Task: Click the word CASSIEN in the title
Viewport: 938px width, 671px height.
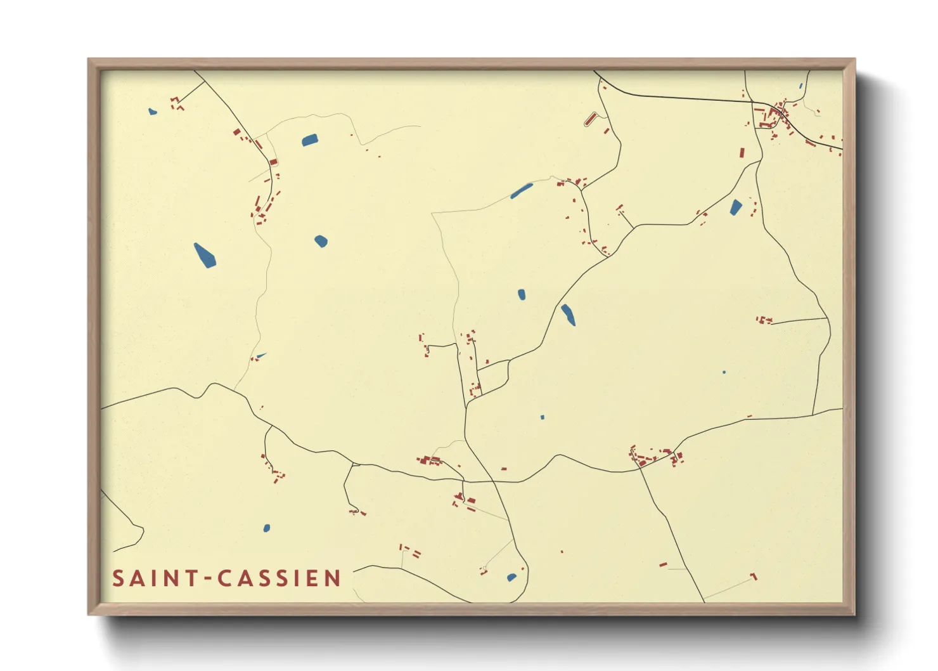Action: tap(279, 578)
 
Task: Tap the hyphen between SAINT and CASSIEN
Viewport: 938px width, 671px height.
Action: tap(208, 578)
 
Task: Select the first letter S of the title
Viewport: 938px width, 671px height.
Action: tap(118, 578)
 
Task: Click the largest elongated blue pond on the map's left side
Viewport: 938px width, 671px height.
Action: tap(204, 255)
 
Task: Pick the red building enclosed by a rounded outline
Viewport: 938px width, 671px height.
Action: tap(591, 119)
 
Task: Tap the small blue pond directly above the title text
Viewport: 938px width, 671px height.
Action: tap(267, 528)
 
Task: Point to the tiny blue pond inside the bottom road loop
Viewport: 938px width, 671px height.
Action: tap(511, 577)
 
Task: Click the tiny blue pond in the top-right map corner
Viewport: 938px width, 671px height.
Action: tap(800, 86)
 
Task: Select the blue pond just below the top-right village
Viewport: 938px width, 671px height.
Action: tap(736, 207)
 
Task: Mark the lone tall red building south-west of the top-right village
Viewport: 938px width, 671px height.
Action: tap(742, 153)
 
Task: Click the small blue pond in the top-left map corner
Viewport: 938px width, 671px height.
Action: tap(152, 112)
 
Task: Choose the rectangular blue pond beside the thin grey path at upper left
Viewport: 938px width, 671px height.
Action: tap(309, 140)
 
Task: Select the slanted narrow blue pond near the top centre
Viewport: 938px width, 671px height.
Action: tap(522, 190)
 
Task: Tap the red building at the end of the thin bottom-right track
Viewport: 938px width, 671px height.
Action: tap(754, 577)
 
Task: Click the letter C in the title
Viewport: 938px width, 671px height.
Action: tap(224, 578)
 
